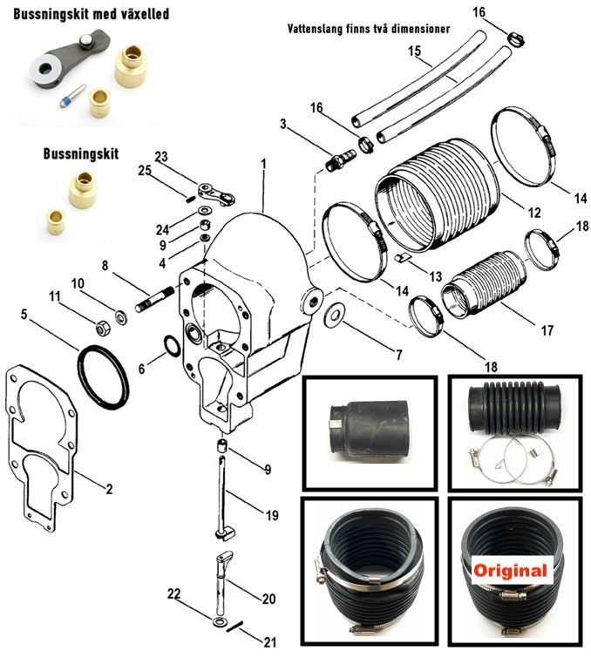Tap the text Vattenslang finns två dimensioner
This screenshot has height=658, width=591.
(x=369, y=28)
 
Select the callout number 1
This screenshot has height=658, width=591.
(x=262, y=164)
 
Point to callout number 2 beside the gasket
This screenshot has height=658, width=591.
(x=110, y=489)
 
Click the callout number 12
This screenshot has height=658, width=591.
(x=534, y=213)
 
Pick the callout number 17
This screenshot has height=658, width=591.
(x=547, y=331)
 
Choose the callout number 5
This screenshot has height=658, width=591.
(x=24, y=315)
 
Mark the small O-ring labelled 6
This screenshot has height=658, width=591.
(x=173, y=349)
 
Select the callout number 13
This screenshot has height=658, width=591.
(x=435, y=276)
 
